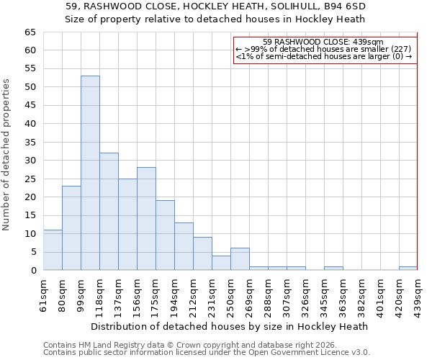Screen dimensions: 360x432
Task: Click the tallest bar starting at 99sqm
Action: coord(90,173)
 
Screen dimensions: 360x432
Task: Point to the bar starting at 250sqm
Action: coord(240,259)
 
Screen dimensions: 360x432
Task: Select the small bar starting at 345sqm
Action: coord(333,268)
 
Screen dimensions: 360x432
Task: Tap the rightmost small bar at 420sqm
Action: coord(408,268)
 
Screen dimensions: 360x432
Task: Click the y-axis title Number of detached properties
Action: coord(6,155)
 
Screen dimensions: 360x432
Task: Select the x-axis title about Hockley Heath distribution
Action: coord(230,326)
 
